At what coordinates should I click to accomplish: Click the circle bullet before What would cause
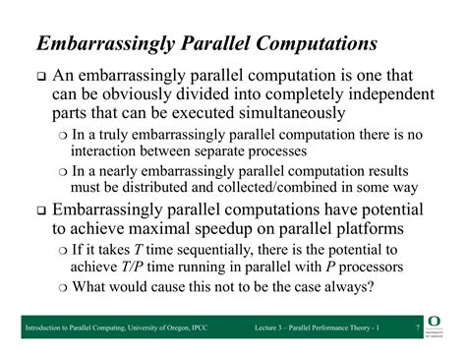tap(63, 288)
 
